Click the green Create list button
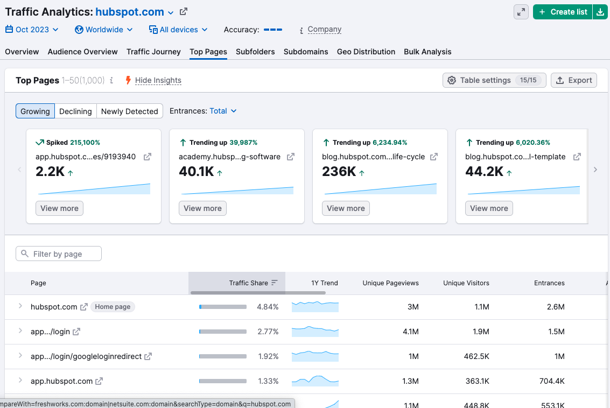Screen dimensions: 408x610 [x=563, y=12]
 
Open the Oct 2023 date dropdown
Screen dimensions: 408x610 [x=32, y=30]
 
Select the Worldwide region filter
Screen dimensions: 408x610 [x=104, y=30]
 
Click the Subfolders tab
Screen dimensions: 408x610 [x=255, y=52]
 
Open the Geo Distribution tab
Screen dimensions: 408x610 [x=366, y=52]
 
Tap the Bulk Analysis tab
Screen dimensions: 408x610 [x=427, y=52]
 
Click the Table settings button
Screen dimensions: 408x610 [x=494, y=80]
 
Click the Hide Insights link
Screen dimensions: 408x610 [x=158, y=80]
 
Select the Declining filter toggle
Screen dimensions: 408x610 [x=75, y=111]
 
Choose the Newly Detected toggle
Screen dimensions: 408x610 [x=130, y=111]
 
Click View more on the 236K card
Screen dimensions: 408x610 [x=346, y=208]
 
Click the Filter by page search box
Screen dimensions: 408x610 [x=59, y=254]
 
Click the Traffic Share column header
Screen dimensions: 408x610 [x=248, y=283]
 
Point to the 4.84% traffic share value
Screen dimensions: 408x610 [x=268, y=307]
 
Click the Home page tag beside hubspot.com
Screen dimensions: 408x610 [x=113, y=307]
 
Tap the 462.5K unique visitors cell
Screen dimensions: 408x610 [x=476, y=356]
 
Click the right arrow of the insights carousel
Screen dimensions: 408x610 [x=595, y=170]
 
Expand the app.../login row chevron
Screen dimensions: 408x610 [x=20, y=331]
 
